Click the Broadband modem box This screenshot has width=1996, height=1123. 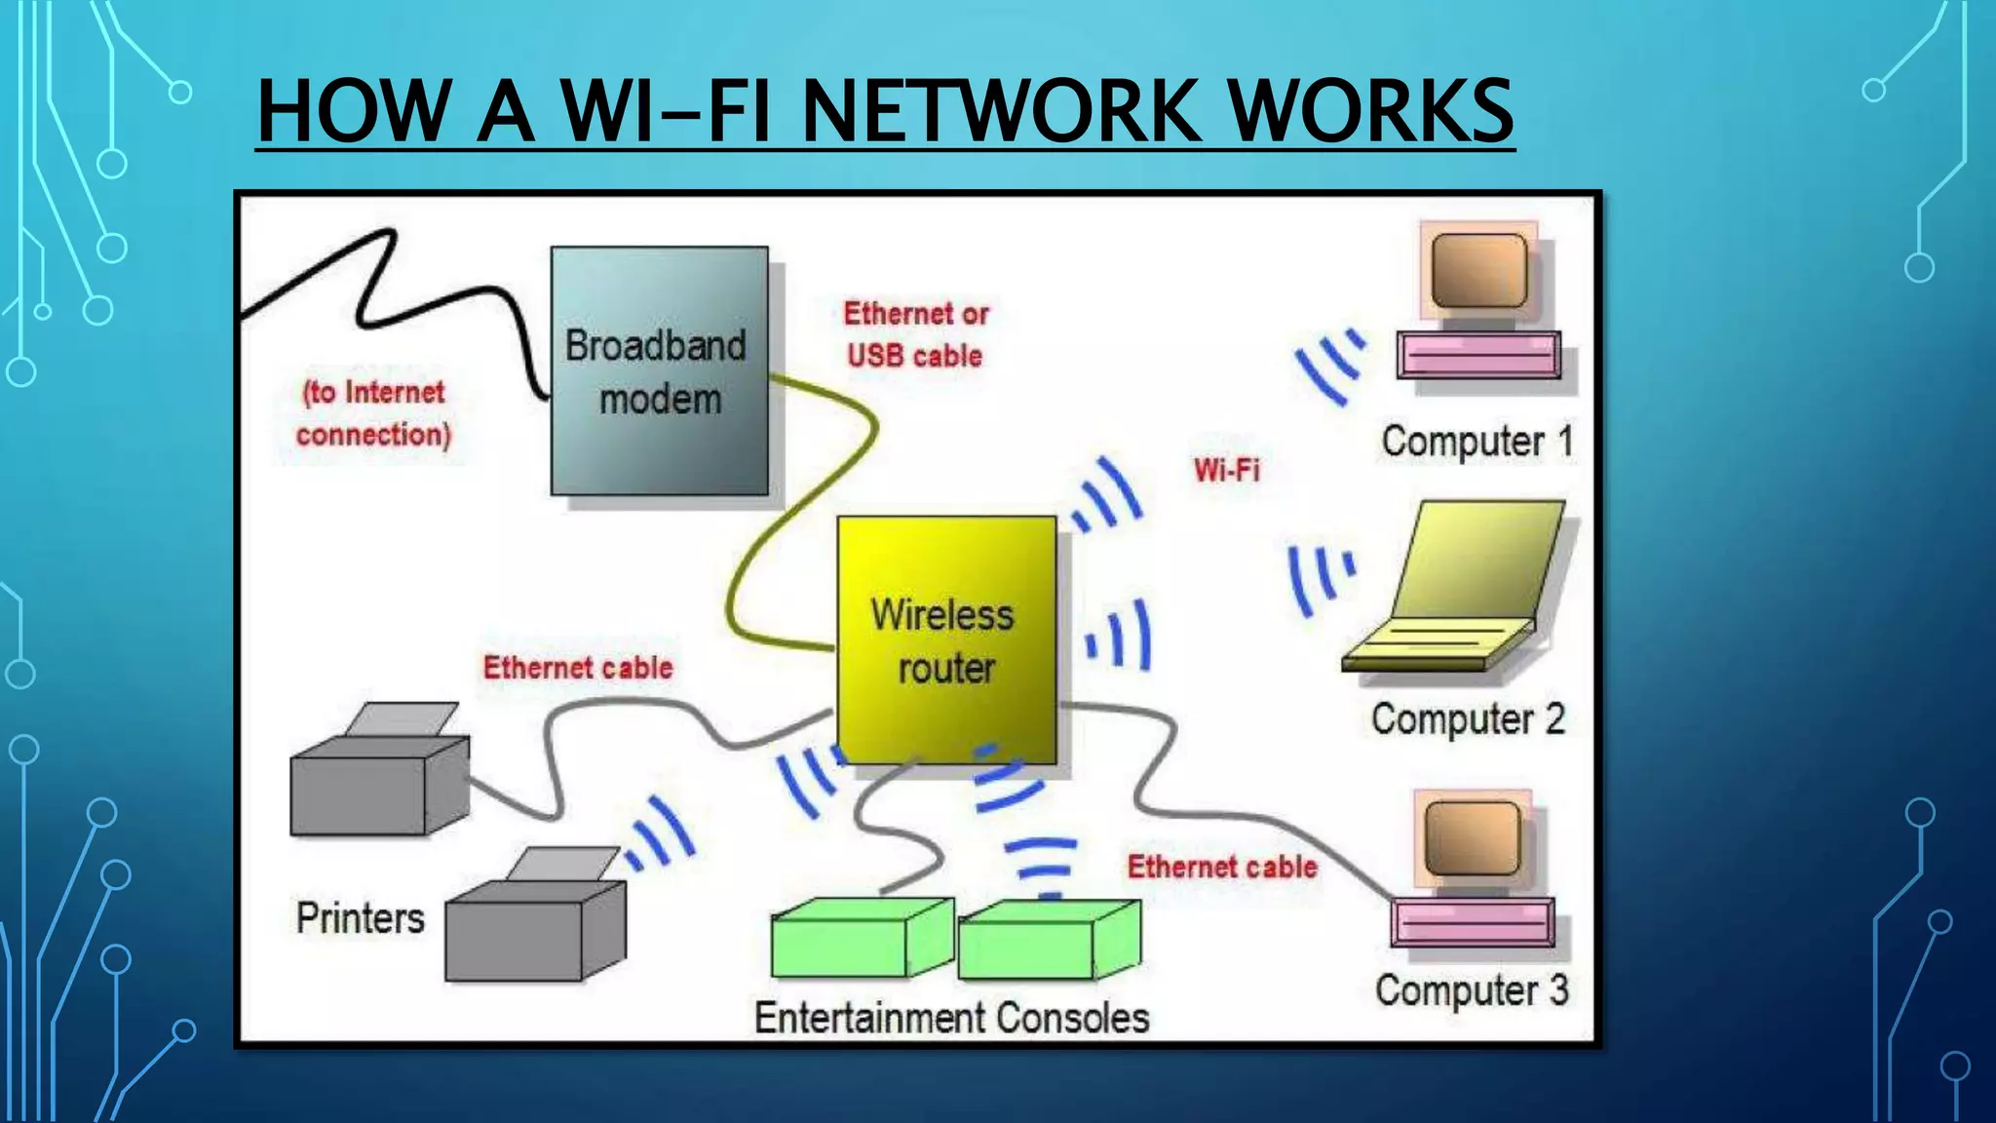click(659, 370)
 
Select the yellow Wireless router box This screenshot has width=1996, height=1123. click(946, 639)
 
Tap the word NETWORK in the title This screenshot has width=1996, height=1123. click(1000, 111)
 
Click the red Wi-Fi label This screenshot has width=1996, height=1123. click(1226, 470)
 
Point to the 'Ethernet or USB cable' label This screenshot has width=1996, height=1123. click(915, 334)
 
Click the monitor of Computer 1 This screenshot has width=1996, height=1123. click(1478, 271)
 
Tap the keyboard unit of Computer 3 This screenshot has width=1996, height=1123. click(1472, 922)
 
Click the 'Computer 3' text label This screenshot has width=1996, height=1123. click(1471, 990)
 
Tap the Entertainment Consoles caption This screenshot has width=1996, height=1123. click(951, 1018)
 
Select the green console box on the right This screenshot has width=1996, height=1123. click(1048, 940)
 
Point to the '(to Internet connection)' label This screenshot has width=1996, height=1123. click(373, 413)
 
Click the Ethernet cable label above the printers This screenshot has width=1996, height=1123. click(578, 668)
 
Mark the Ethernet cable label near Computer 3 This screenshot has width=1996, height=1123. click(1221, 867)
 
